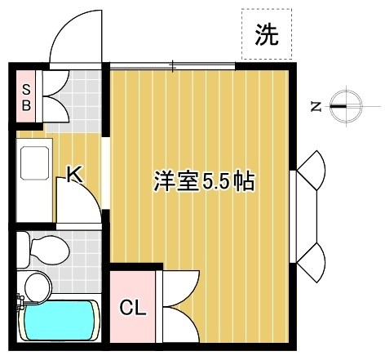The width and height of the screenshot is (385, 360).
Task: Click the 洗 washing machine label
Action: (266, 35)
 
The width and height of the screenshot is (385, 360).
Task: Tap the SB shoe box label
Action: (26, 96)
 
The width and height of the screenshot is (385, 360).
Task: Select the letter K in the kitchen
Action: (73, 174)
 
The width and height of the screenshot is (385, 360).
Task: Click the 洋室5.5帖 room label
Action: (204, 181)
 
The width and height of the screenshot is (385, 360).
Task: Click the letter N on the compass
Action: (315, 105)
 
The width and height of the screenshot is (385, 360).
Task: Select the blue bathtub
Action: (59, 322)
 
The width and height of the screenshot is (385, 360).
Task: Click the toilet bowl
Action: (47, 246)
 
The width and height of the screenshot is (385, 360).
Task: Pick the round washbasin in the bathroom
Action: (36, 285)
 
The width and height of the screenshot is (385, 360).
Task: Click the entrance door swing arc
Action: (74, 41)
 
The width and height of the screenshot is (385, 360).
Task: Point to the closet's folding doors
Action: (179, 306)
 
